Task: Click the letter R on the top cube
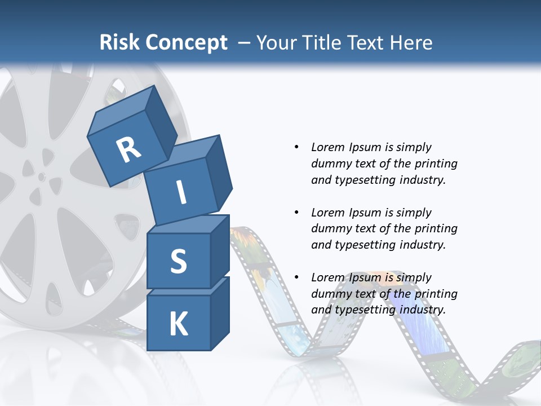point(128,149)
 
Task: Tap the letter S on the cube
point(178,262)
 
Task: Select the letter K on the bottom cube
point(178,324)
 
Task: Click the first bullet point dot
point(296,148)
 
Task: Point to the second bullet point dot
point(296,213)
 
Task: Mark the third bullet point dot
point(296,277)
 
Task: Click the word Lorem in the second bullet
point(327,213)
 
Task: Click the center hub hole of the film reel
point(42,176)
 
